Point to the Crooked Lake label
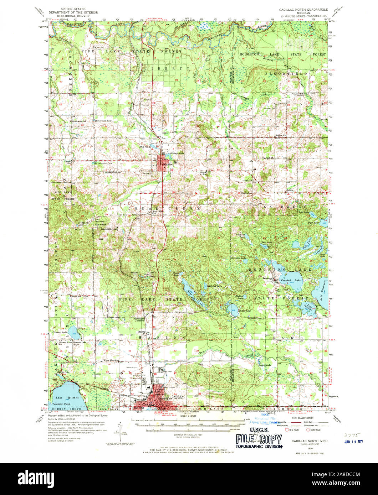coord(286,281)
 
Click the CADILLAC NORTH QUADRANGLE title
coord(303,10)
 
